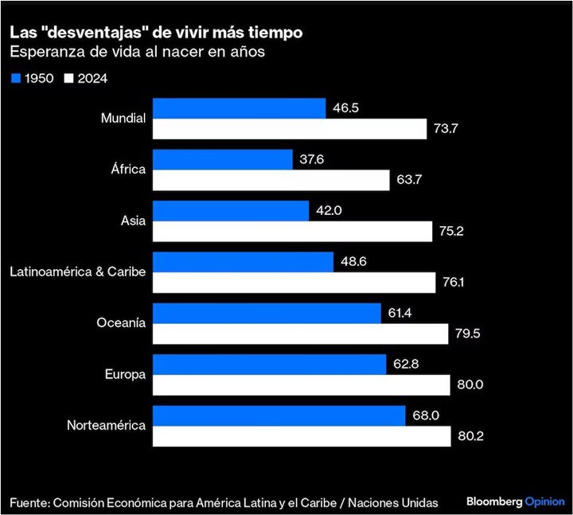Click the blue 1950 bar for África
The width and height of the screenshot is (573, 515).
[x=222, y=159]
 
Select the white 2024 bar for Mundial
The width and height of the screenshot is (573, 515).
[x=290, y=129]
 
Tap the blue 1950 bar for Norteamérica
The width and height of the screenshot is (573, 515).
[x=279, y=416]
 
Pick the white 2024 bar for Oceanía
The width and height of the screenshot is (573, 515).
[x=300, y=334]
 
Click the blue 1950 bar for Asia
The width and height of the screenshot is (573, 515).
[x=230, y=211]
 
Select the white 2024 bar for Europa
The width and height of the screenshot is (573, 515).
[x=301, y=385]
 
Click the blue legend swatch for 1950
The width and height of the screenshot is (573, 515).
[x=16, y=78]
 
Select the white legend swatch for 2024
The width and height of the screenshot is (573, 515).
[x=69, y=78]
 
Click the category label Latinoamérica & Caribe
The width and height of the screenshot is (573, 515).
[x=77, y=271]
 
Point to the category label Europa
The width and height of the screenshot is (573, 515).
[x=125, y=374]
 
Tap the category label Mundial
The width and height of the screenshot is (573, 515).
[x=123, y=118]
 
